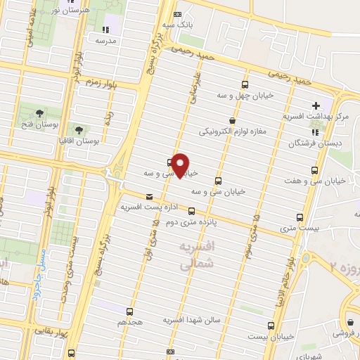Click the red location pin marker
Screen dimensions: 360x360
pyautogui.click(x=181, y=164)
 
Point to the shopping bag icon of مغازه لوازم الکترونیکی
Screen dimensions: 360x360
pyautogui.click(x=231, y=120)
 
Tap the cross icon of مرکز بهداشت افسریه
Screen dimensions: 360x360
pyautogui.click(x=316, y=105)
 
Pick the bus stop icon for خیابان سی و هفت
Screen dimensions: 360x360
pyautogui.click(x=314, y=169)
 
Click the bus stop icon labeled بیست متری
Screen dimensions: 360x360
pyautogui.click(x=300, y=217)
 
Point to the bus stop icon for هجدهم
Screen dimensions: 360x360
pyautogui.click(x=129, y=311)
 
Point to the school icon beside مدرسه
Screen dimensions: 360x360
pyautogui.click(x=106, y=30)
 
